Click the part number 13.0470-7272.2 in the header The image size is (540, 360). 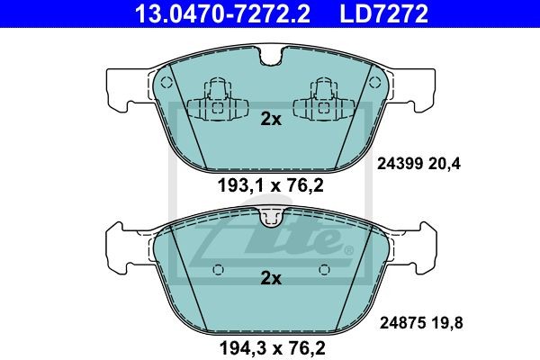[x=222, y=13]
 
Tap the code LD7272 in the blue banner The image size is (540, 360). [x=384, y=13]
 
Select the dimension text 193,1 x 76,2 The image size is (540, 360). [x=271, y=186]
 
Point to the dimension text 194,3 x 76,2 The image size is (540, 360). [x=273, y=348]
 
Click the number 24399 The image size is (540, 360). [x=400, y=164]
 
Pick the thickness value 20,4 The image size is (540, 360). [x=445, y=164]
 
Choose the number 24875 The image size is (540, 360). [x=402, y=323]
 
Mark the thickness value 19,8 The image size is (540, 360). [x=446, y=323]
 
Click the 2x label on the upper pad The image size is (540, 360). [x=271, y=119]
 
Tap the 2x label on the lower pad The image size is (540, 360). [x=271, y=278]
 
